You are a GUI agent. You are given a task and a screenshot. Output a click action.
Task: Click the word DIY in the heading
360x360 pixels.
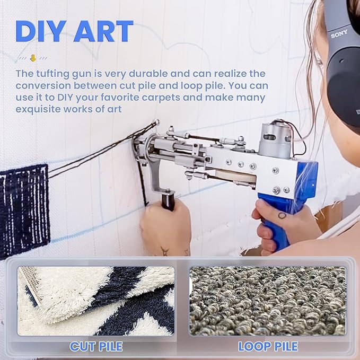tap(41, 31)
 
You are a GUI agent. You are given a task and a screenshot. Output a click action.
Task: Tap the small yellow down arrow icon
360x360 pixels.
tap(33, 58)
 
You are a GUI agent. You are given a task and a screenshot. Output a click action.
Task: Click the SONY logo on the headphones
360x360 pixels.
tap(339, 34)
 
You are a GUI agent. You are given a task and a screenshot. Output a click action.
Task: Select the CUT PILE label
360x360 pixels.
tap(96, 346)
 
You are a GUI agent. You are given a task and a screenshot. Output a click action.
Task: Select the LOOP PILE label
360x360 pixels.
tap(268, 346)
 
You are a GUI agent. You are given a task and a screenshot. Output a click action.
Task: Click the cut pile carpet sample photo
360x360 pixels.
tap(96, 301)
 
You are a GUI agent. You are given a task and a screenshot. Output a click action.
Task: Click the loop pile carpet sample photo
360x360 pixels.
tap(267, 301)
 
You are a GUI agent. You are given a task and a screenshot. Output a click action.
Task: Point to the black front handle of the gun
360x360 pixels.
tap(168, 202)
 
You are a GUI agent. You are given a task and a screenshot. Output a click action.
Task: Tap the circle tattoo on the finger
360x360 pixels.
tap(282, 215)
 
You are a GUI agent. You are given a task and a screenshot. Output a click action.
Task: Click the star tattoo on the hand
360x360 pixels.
tap(165, 251)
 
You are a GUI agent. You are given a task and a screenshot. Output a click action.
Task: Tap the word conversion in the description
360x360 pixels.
tap(43, 86)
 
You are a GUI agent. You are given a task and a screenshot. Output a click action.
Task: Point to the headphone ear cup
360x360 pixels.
tap(344, 92)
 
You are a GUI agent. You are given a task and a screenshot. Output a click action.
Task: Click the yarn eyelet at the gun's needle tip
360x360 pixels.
tap(157, 122)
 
